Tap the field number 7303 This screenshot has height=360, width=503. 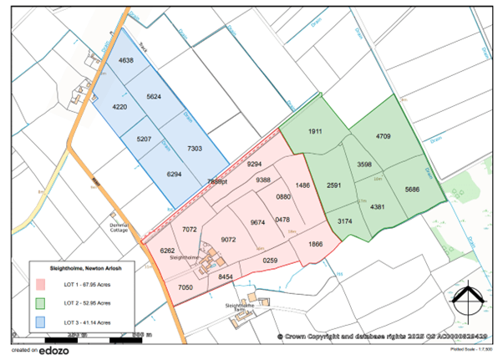pos(196,147)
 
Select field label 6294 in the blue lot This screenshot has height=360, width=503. pos(175,174)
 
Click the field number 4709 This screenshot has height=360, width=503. pos(384,135)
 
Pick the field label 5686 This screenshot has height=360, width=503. pos(412,190)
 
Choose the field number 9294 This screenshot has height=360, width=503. pos(256,165)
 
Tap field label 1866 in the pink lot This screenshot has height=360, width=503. pos(315,243)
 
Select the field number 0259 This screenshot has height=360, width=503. pos(270,261)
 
